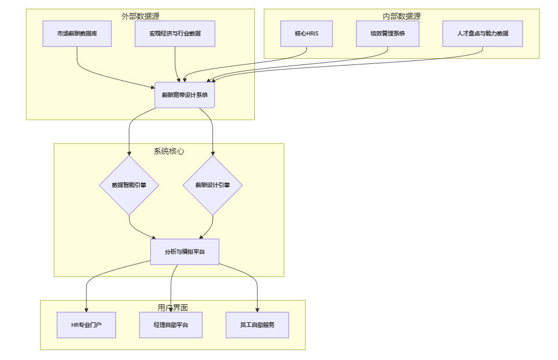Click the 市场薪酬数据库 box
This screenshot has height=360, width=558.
coord(77,34)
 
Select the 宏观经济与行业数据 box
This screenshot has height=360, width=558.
coord(175,34)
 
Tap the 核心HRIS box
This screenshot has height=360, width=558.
coord(307,34)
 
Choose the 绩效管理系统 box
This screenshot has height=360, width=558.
coord(387,34)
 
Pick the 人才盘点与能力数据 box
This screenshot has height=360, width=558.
coord(483,34)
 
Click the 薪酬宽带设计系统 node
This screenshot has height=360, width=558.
coord(185,95)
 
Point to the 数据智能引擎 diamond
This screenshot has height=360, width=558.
coord(129,185)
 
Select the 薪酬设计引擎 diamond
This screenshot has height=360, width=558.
coord(213,185)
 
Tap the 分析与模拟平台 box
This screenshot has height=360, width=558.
coord(185,252)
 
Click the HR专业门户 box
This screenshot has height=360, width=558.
coord(87,325)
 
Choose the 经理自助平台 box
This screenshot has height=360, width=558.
coord(171,325)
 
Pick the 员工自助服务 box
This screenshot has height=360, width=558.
coord(257,325)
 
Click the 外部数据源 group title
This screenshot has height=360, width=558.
coord(140,16)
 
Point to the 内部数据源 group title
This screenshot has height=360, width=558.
coord(402,16)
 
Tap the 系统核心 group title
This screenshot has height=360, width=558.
coord(169,151)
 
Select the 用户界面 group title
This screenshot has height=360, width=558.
coord(172,308)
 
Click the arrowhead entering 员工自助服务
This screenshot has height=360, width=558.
coord(257,309)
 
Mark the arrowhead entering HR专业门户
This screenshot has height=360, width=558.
coord(87,309)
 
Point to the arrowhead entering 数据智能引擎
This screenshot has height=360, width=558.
coord(129,153)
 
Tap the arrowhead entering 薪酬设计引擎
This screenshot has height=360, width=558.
coord(213,153)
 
